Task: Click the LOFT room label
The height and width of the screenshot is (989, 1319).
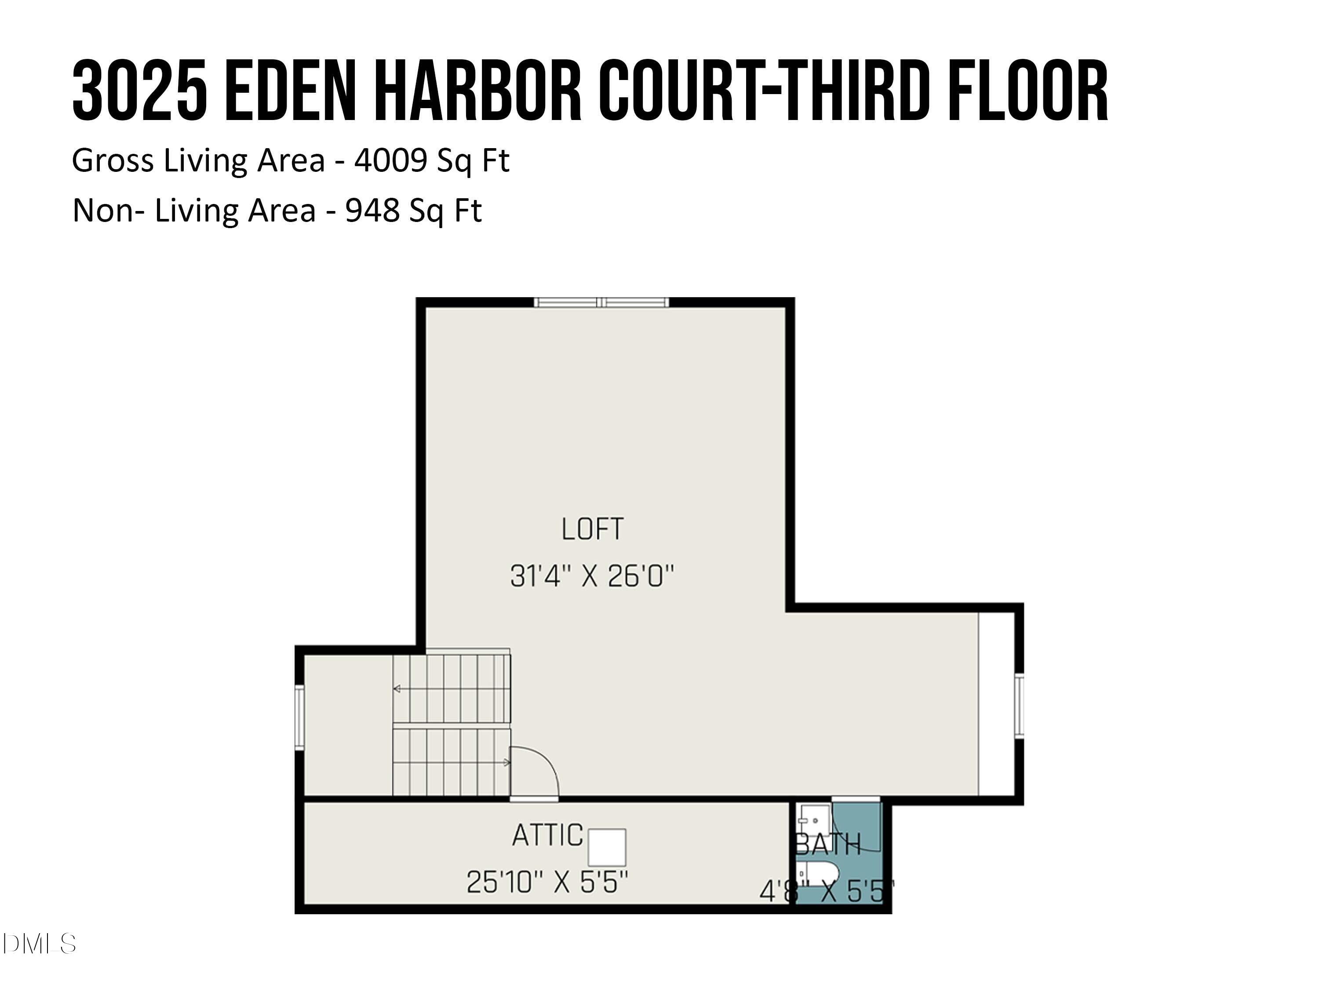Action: point(592,529)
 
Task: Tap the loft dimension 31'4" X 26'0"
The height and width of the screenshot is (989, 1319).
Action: point(592,576)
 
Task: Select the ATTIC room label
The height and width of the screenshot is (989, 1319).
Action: point(547,835)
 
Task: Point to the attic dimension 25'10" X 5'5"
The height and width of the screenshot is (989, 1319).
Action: point(547,882)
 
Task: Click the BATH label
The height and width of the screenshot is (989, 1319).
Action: point(829,844)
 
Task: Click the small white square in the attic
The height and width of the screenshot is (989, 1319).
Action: point(607,847)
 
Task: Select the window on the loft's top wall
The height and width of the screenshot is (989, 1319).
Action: point(601,302)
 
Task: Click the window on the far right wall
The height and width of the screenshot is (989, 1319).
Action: point(1019,706)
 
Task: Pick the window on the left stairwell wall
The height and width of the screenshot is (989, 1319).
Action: point(299,715)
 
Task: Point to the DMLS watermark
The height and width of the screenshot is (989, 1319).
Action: point(39,944)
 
